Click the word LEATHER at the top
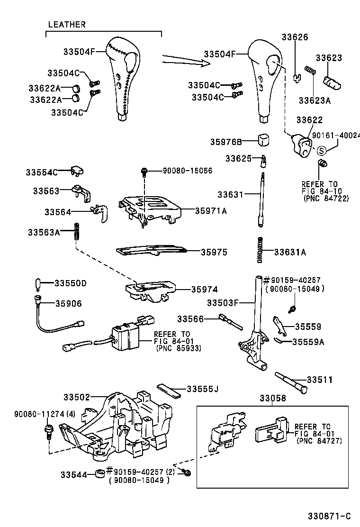[67, 25]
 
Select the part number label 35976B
[226, 142]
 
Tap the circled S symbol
[321, 151]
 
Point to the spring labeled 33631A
[260, 250]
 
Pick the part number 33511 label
[319, 380]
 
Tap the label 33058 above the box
[272, 399]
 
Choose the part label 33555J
[202, 389]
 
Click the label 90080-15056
[187, 170]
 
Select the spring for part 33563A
[75, 232]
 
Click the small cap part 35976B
[263, 140]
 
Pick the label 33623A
[315, 100]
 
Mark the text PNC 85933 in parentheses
[178, 348]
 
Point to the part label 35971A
[210, 211]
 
